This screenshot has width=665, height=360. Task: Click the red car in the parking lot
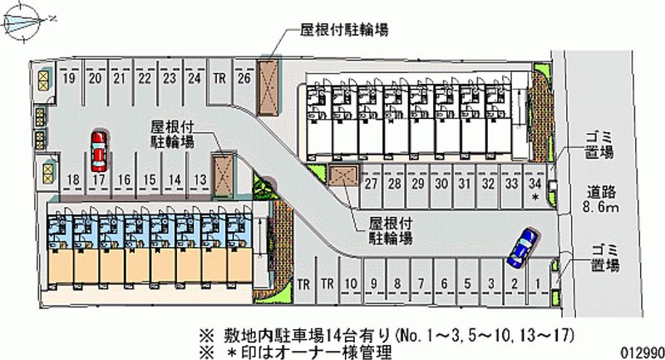click(99, 148)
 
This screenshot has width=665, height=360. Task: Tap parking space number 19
click(70, 79)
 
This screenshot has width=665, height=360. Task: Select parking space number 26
click(244, 79)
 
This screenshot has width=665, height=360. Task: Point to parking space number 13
click(199, 180)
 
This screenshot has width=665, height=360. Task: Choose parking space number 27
click(371, 184)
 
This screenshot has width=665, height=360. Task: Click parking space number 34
click(536, 184)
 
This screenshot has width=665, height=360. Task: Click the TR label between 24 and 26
click(219, 79)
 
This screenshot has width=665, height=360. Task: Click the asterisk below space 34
click(535, 198)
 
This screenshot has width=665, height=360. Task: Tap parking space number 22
click(145, 79)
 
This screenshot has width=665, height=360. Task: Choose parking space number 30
click(441, 184)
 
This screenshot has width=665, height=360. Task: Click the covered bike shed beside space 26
click(269, 86)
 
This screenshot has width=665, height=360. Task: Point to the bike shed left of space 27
click(342, 177)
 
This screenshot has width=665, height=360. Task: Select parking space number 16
click(124, 180)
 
